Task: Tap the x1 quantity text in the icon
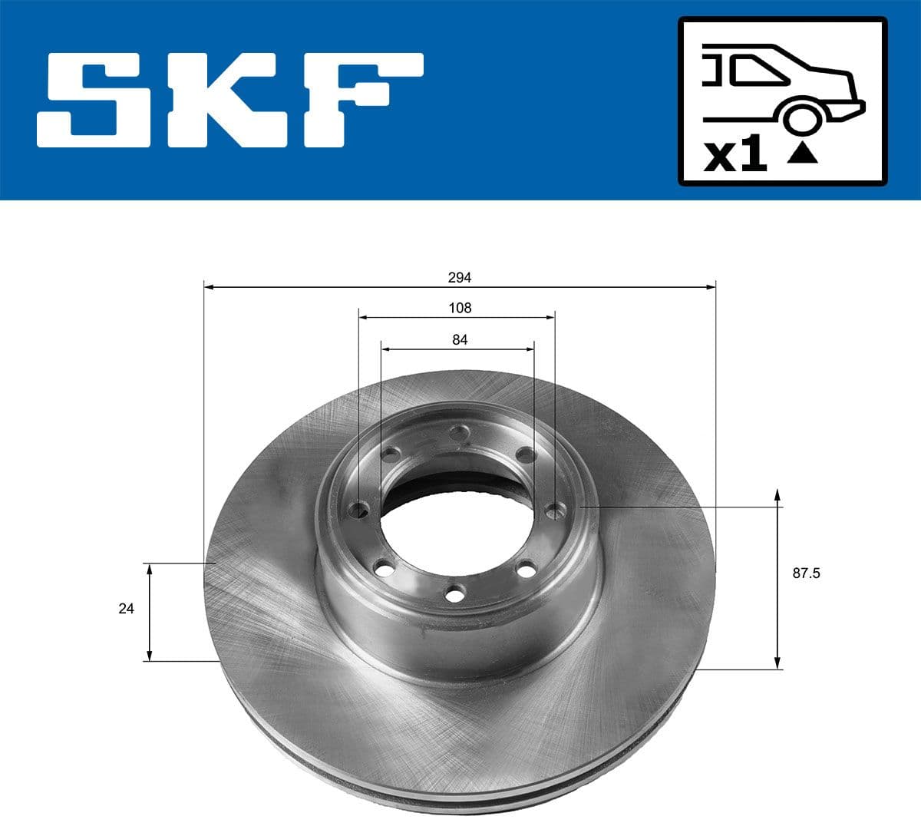[x=735, y=156]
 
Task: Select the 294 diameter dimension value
[x=460, y=277]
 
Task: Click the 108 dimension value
[x=460, y=308]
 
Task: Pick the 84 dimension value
[x=460, y=339]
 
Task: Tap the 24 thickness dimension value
[x=126, y=609]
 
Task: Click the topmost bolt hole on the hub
[x=460, y=435]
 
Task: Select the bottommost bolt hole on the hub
[x=455, y=593]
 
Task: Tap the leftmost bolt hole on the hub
[x=358, y=509]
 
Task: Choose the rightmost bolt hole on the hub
[x=554, y=510]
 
